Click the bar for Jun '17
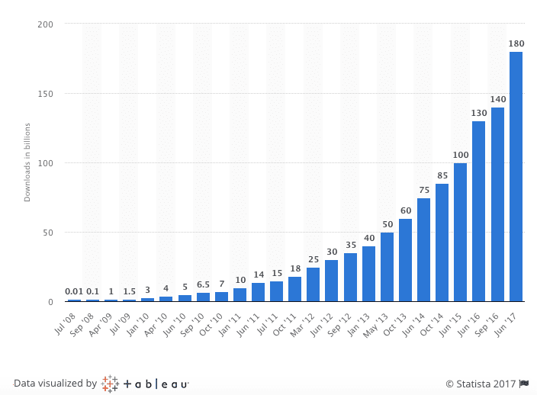pos(516,176)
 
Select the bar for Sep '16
pos(497,204)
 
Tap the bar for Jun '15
pos(461,232)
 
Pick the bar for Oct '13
pos(405,260)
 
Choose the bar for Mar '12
pos(313,284)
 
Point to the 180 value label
pos(516,43)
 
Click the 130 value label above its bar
pos(479,113)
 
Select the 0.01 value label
pos(73,291)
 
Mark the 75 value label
pos(423,190)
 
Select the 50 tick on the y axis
pos(48,233)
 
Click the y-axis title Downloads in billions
pos(27,162)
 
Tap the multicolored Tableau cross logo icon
pos(110,384)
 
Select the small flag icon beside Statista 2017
pos(524,384)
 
